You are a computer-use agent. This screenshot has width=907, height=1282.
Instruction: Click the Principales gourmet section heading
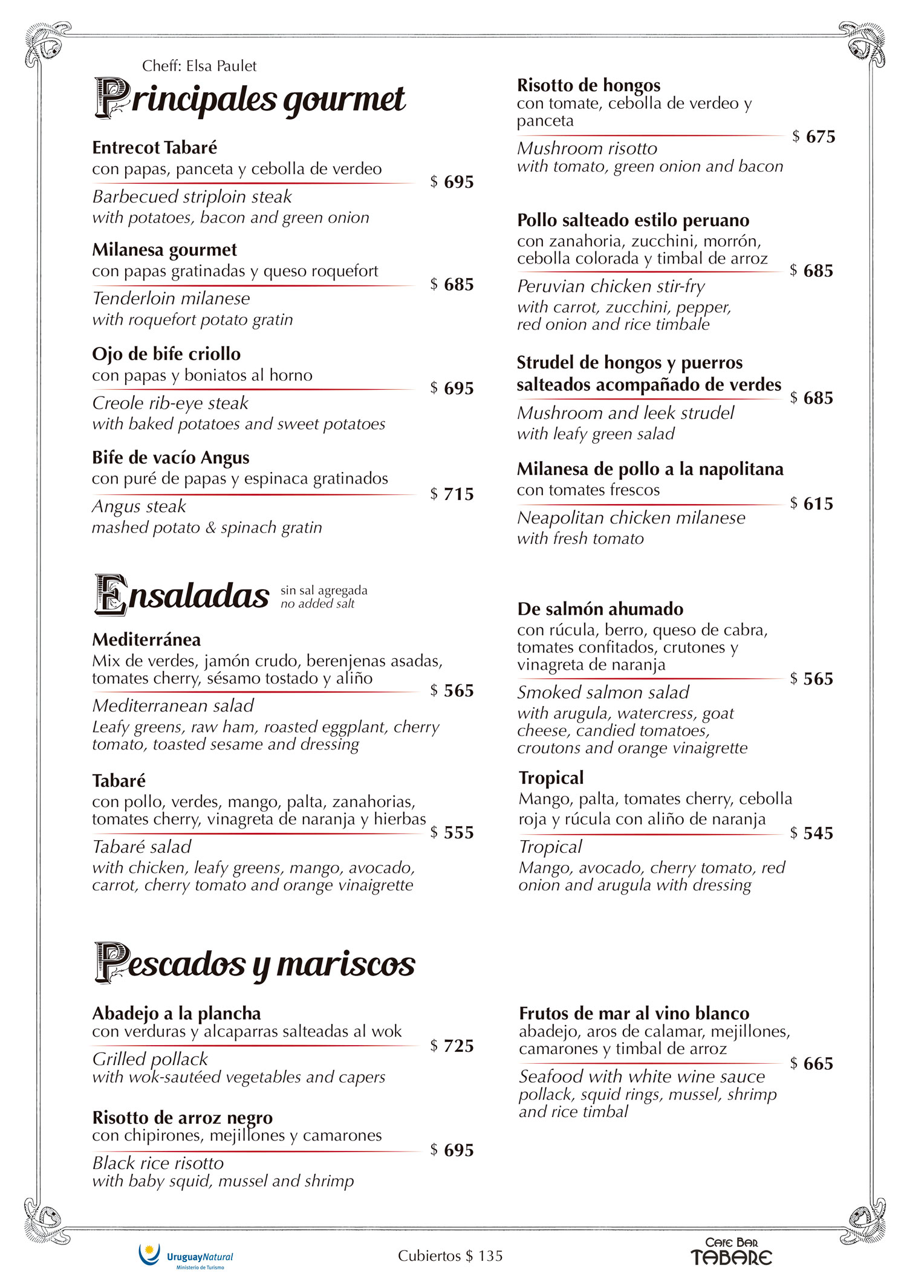click(250, 99)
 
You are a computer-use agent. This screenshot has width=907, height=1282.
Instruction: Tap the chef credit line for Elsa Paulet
click(199, 66)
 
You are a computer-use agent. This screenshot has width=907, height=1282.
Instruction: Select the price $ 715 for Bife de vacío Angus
click(452, 494)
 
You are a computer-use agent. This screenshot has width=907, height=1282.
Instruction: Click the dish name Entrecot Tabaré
click(154, 147)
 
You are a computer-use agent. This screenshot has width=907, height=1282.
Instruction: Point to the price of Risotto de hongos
click(813, 137)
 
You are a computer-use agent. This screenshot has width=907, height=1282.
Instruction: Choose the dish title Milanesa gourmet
click(164, 250)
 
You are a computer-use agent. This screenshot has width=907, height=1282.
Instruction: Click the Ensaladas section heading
click(182, 595)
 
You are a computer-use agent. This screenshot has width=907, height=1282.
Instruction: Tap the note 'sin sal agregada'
click(323, 590)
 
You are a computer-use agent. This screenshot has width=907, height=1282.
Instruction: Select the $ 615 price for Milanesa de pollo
click(811, 503)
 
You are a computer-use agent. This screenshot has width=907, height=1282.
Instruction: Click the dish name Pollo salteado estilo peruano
click(633, 220)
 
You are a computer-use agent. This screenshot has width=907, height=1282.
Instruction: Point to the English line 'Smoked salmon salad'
click(603, 692)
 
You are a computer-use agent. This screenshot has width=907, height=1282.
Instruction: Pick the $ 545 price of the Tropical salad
click(811, 833)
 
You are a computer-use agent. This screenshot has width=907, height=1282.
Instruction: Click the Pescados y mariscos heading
click(255, 963)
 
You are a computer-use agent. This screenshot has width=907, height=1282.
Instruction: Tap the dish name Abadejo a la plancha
click(177, 1013)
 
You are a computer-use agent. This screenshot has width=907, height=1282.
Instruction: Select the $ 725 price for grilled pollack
click(452, 1046)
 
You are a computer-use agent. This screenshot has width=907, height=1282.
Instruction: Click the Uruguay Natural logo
click(186, 1257)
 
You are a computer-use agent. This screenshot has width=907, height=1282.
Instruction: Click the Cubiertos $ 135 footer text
click(450, 1256)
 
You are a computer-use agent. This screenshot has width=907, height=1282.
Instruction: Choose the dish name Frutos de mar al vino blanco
click(634, 1013)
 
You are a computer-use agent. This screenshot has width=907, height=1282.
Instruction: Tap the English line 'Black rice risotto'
click(158, 1163)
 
